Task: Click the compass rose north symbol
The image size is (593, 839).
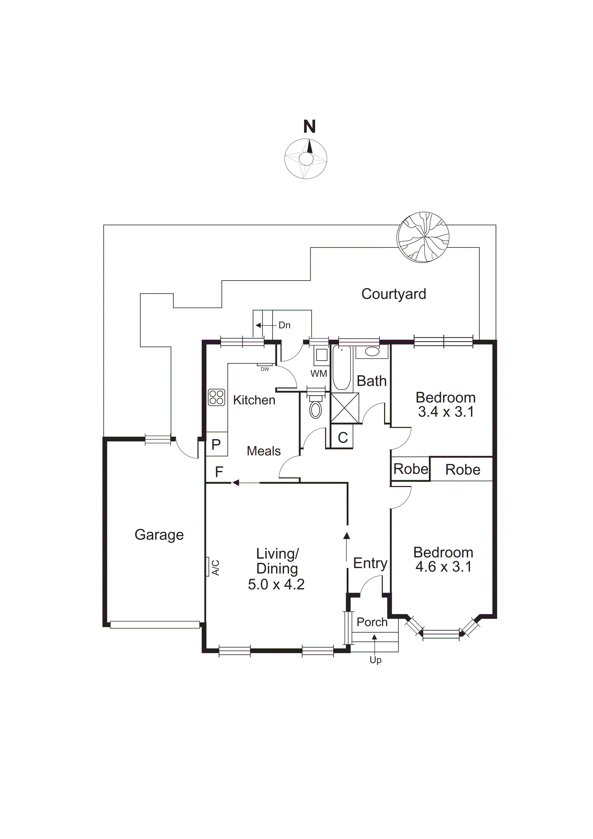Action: point(306,158)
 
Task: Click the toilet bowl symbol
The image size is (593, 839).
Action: point(316,410)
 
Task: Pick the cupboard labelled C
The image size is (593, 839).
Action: point(343,437)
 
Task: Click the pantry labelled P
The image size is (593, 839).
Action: point(216,444)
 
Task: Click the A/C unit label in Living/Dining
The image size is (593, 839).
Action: point(216,567)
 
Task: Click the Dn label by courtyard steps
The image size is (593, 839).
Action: point(284,325)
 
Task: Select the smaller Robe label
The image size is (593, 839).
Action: point(410,469)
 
